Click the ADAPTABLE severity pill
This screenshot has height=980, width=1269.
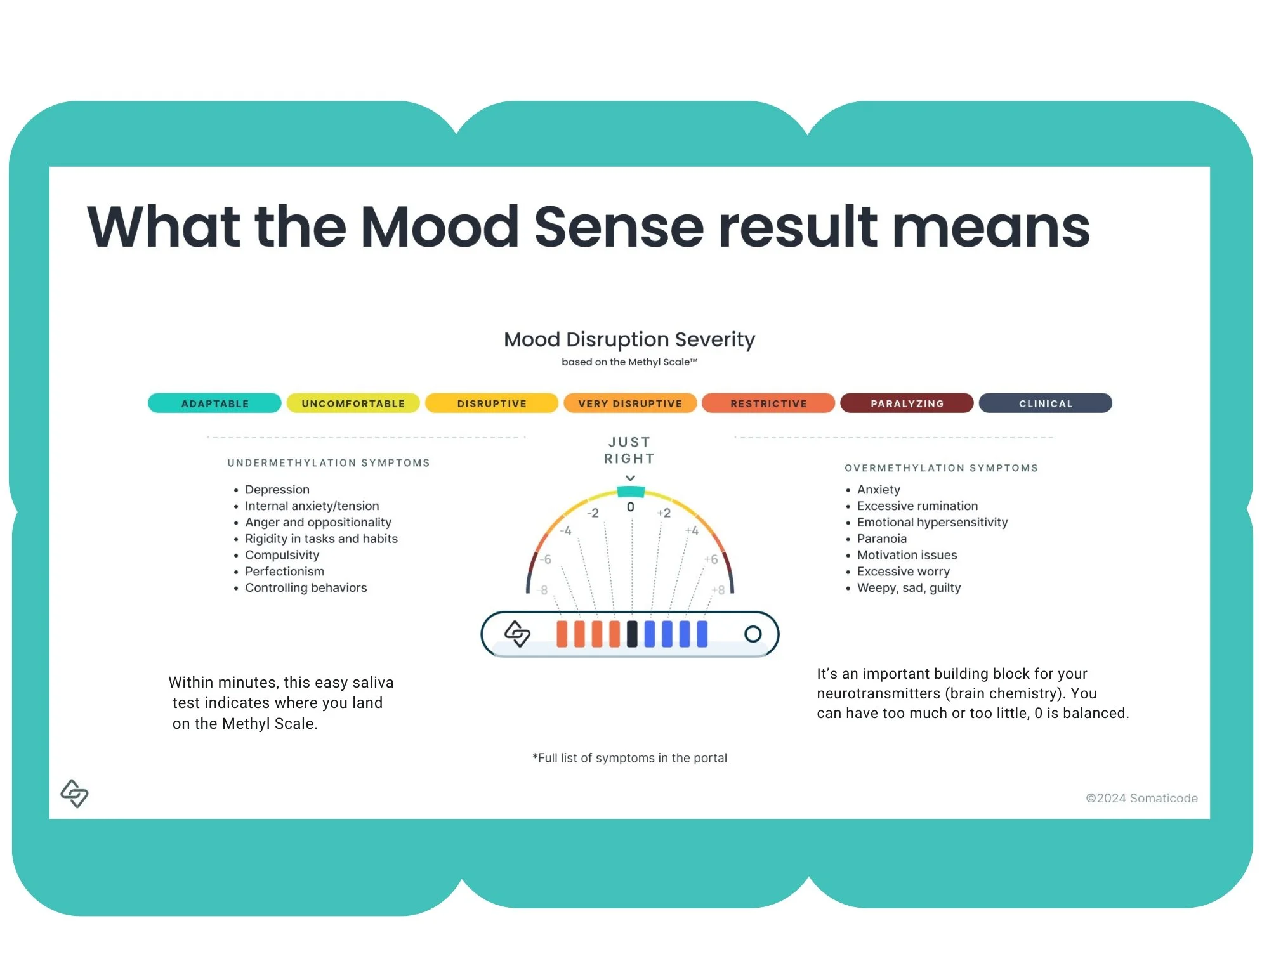(x=214, y=403)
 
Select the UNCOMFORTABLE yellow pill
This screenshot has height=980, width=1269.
(x=353, y=403)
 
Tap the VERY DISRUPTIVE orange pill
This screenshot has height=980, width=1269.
(x=630, y=403)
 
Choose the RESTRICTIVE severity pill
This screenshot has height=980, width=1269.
(x=768, y=403)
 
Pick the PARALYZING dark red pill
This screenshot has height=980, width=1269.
(x=907, y=403)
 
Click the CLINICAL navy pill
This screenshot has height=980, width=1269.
(x=1045, y=403)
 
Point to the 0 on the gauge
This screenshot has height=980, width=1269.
(x=631, y=507)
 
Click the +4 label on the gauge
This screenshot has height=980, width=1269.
(x=692, y=530)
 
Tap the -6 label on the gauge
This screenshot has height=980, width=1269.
(x=545, y=559)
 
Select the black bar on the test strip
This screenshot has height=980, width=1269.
(x=632, y=634)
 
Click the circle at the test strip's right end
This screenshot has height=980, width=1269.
(x=753, y=634)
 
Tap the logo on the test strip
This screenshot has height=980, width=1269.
(x=517, y=634)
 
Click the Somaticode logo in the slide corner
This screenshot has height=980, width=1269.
(x=74, y=794)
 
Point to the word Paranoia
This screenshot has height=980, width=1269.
(x=882, y=539)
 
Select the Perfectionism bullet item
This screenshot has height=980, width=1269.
(x=284, y=572)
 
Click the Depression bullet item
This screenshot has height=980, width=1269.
(x=277, y=490)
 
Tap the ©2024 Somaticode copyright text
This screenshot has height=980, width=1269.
(x=1141, y=799)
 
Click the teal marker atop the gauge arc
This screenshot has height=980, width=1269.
(x=631, y=492)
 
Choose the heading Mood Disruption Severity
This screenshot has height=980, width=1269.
(x=629, y=339)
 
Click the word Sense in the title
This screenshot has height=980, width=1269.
(x=619, y=227)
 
